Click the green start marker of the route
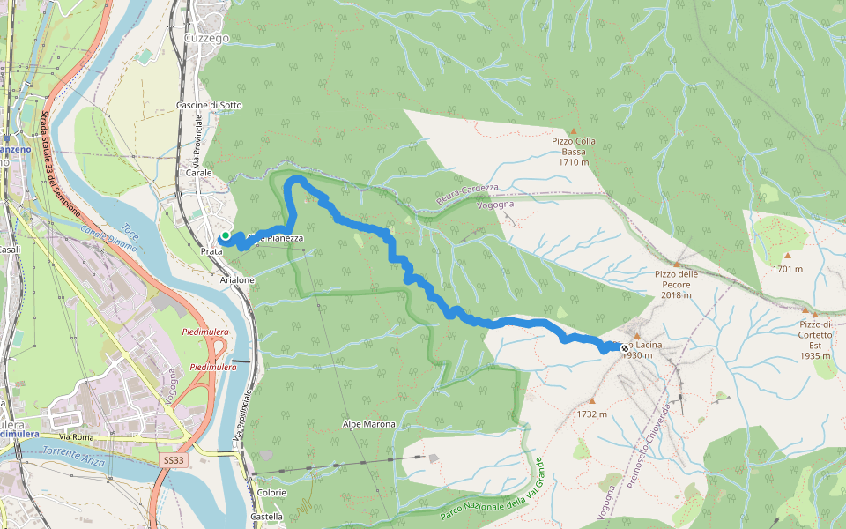(226, 235)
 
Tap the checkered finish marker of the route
(625, 348)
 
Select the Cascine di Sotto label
(209, 105)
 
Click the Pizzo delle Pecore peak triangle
(677, 263)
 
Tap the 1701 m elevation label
(787, 269)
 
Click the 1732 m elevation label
(591, 414)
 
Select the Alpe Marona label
(368, 424)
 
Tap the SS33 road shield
(174, 460)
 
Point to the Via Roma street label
(77, 436)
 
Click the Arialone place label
(237, 279)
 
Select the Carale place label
(198, 173)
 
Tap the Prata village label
(211, 251)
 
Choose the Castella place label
(267, 517)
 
